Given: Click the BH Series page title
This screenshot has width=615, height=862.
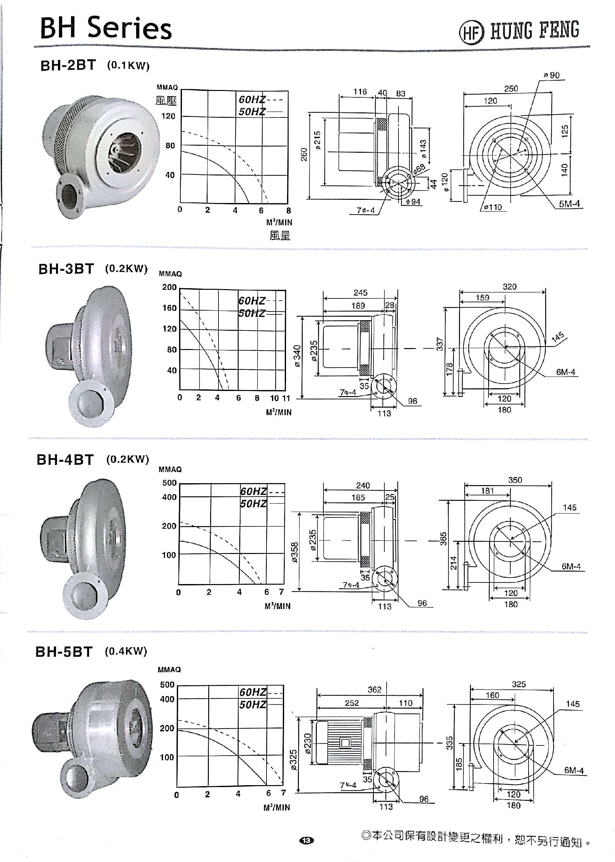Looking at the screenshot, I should point(106,28).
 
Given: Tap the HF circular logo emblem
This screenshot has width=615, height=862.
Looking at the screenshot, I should point(471,32).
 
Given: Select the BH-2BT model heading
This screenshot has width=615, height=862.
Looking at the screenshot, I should point(68,66).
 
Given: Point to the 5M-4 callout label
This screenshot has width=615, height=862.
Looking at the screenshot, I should point(569,204).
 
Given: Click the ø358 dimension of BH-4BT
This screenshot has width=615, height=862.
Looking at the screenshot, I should point(295,552).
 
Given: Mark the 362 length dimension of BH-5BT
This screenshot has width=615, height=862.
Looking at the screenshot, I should point(374,690).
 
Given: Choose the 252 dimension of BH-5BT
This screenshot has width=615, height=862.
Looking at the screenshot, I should point(351,703).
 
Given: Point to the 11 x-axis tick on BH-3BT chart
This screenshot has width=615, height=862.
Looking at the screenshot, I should point(286,398).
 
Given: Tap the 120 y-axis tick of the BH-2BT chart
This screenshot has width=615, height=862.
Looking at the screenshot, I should point(168,116).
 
